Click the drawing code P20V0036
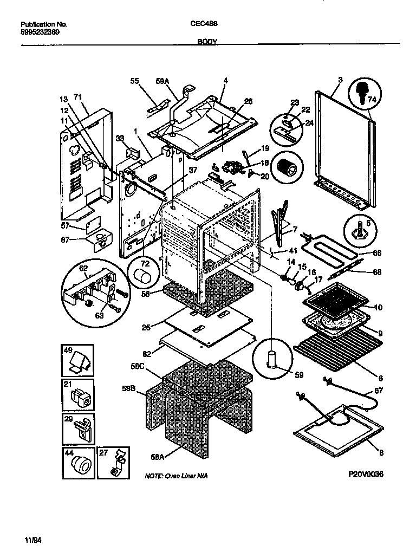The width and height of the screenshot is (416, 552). [366, 474]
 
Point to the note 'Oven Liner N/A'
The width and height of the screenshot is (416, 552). [175, 475]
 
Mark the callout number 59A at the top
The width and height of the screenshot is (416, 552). [162, 81]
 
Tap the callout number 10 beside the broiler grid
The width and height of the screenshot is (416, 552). [378, 308]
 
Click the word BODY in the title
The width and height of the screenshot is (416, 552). [207, 41]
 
